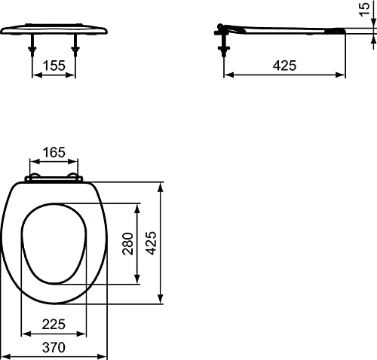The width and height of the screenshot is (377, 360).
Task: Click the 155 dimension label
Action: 54,66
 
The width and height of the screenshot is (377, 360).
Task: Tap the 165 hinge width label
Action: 54,152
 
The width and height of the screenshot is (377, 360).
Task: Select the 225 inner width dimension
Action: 54,325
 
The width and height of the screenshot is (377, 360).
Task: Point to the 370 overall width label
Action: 54,347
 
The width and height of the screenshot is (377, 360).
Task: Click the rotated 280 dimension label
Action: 127,243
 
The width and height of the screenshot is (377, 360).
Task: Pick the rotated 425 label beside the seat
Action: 151,243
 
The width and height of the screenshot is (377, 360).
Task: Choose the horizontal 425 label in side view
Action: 284,66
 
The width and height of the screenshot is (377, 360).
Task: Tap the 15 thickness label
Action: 364,9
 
